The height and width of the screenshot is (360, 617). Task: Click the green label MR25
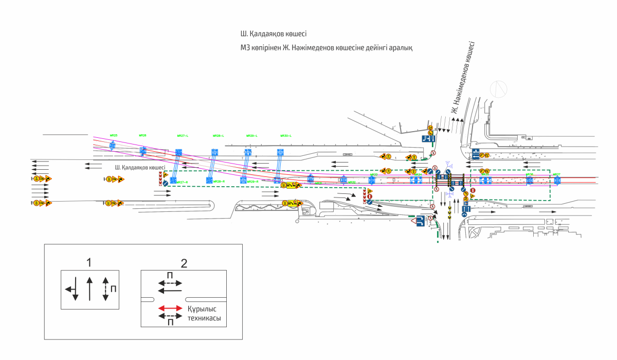pos(114,135)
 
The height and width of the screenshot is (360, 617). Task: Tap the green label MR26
pos(143,135)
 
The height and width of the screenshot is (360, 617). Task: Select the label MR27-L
pos(183,136)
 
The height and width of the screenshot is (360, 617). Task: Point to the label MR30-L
pos(286,136)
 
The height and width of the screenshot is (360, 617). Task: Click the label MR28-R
pos(219,182)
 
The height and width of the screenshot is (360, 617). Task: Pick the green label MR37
pos(556,174)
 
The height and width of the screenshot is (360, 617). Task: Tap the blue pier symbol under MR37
pos(557,180)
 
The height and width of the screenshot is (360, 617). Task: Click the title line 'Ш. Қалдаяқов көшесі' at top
pos(274,34)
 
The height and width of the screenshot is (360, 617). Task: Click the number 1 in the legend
pos(89,262)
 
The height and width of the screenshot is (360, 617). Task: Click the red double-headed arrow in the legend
pos(170,308)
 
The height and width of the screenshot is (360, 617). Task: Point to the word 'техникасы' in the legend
pos(204,319)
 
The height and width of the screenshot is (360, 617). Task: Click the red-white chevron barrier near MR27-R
pos(160,178)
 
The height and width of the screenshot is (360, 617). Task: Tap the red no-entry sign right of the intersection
pos(473,191)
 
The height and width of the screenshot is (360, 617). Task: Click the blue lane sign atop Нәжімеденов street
pos(429,138)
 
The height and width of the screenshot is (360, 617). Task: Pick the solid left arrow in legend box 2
pos(170,290)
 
